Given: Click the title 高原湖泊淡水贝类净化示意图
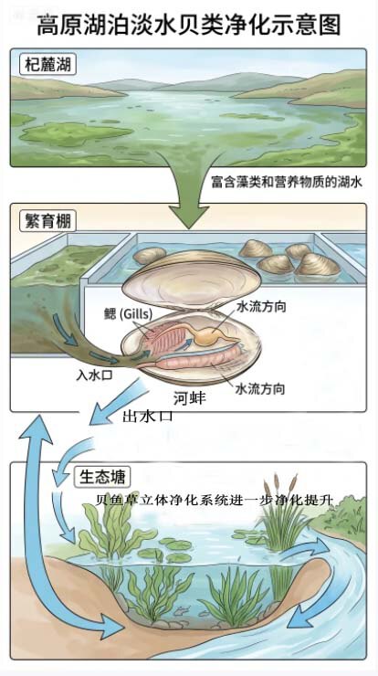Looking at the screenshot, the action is click(x=189, y=25).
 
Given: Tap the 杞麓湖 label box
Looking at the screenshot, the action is click(x=47, y=66).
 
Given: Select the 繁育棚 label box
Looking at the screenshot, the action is click(x=47, y=222).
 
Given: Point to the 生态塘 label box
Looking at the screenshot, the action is click(x=102, y=477).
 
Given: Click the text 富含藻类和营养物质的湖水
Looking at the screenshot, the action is click(x=287, y=183).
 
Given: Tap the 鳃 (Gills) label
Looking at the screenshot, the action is click(x=128, y=314).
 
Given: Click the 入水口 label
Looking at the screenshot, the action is click(x=94, y=375).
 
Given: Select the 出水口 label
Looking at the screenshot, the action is click(x=148, y=416).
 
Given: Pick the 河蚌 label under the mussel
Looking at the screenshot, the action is click(x=190, y=398).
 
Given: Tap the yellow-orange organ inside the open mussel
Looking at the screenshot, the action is click(x=210, y=337).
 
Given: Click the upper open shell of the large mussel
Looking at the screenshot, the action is click(x=192, y=280).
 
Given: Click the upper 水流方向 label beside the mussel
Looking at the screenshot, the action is click(x=261, y=307).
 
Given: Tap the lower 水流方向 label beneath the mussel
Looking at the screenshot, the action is click(x=260, y=389).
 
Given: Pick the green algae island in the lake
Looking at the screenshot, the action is click(x=76, y=133).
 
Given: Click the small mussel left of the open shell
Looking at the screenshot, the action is click(x=150, y=255).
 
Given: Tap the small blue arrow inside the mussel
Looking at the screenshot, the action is click(x=185, y=343).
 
